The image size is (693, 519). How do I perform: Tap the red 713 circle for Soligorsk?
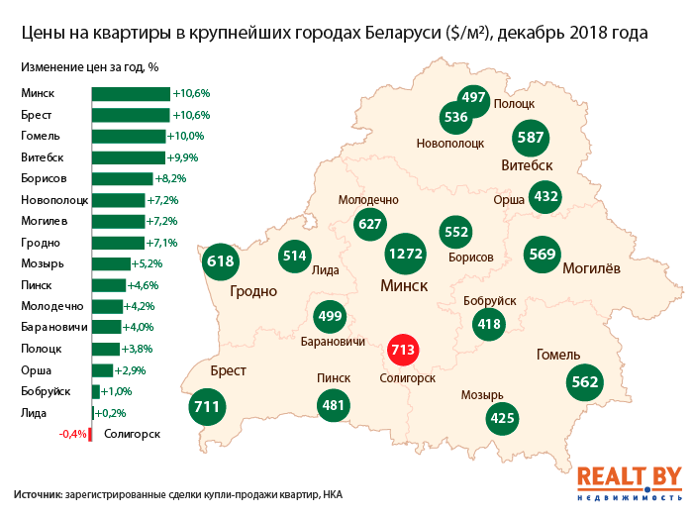click(405, 350)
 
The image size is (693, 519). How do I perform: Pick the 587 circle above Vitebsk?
click(532, 138)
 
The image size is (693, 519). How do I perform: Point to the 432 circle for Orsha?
click(546, 197)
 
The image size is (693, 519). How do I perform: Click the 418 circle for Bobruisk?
click(489, 323)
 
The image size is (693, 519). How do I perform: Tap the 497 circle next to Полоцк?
click(474, 97)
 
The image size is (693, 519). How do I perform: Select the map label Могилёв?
click(591, 267)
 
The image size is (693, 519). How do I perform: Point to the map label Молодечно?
click(368, 199)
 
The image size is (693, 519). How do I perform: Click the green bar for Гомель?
click(128, 136)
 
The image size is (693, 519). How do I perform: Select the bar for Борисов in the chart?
click(122, 178)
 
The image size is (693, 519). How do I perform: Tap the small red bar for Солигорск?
click(90, 434)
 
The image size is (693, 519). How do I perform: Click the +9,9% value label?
click(184, 157)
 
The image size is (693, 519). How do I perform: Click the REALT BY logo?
click(629, 480)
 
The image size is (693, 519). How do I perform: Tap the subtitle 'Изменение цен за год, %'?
click(89, 67)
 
